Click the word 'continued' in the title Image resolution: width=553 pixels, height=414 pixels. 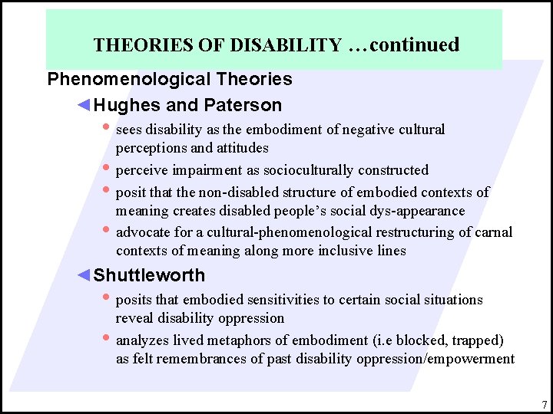tap(415, 44)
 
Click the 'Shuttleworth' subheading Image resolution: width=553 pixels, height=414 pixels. tap(149, 275)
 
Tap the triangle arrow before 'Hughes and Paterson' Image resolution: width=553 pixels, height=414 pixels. tap(85, 105)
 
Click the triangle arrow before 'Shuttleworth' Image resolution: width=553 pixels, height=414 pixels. tap(85, 275)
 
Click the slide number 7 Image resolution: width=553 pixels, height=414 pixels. tap(543, 404)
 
